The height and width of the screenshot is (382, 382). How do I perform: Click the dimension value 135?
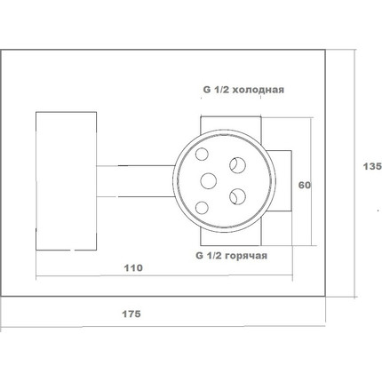click(372, 166)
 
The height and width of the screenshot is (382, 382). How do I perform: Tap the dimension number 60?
click(305, 186)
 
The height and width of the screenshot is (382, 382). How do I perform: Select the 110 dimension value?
click(133, 268)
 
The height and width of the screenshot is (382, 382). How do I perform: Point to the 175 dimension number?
click(131, 314)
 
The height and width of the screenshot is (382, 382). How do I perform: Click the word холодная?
click(258, 90)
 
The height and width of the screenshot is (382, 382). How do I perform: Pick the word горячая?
click(246, 255)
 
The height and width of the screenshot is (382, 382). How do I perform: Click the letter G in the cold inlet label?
click(206, 90)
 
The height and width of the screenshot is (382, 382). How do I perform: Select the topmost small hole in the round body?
click(202, 154)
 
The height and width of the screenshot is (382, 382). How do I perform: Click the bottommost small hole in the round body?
click(202, 208)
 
